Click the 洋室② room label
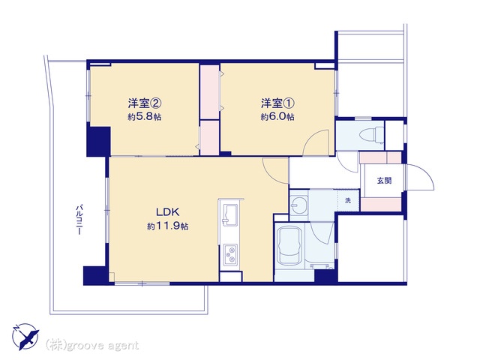pyautogui.click(x=145, y=103)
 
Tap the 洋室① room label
pyautogui.click(x=277, y=103)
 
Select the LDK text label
pyautogui.click(x=167, y=211)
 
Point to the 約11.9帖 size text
pyautogui.click(x=167, y=226)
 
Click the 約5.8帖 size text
pyautogui.click(x=145, y=117)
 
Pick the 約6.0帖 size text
pyautogui.click(x=277, y=117)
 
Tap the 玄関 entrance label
pyautogui.click(x=384, y=181)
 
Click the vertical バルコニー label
pyautogui.click(x=79, y=219)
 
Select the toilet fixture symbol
pyautogui.click(x=372, y=135)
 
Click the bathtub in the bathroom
pyautogui.click(x=289, y=245)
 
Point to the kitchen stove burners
pyautogui.click(x=230, y=255)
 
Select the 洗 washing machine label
pyautogui.click(x=348, y=201)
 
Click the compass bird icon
pyautogui.click(x=25, y=336)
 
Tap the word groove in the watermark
pyautogui.click(x=85, y=346)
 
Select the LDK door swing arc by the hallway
pyautogui.click(x=272, y=174)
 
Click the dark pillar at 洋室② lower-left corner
pyautogui.click(x=98, y=141)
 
